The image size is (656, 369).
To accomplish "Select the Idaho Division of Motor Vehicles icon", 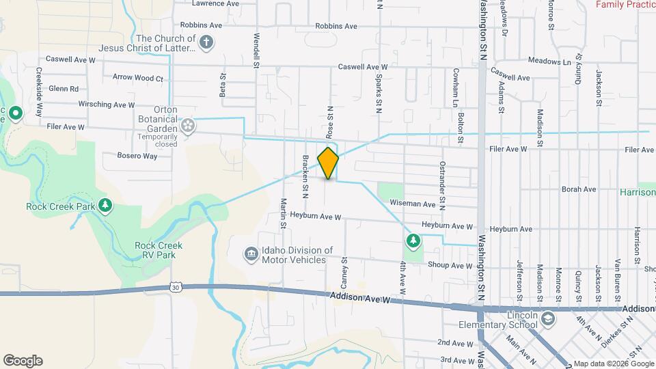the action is coord(251,255).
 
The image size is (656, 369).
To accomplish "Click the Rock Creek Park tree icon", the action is coord(105,205).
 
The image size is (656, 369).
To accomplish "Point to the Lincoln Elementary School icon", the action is coord(548,320).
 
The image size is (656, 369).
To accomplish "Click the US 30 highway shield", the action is coord(176,288).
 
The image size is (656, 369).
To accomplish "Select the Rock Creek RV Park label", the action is coord(154,250).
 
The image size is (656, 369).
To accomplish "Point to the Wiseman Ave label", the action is coord(412,204).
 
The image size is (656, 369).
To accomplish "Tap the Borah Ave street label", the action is coord(578,189).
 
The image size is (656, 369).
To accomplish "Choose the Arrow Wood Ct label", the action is coord(138,79).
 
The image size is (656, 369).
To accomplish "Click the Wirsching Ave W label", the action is coord(107,105).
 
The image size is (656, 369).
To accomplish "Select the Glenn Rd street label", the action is coord(64,89).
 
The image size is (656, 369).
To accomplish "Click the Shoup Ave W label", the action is coord(448,266).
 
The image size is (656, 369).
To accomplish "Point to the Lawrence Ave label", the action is coord(215,3).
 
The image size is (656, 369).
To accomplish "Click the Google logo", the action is coord(23,361).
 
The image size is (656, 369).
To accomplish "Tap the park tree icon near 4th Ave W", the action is coord(413,240).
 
